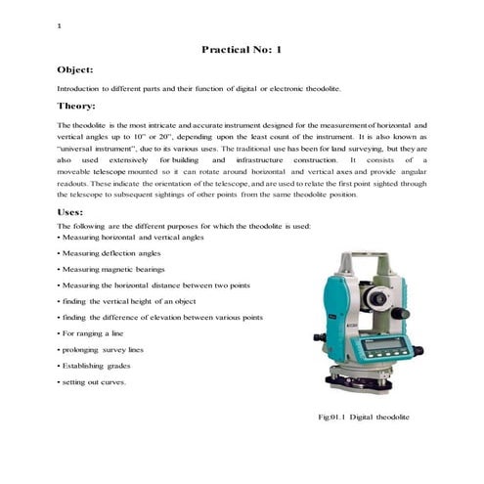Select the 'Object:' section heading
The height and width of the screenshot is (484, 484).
[75, 70]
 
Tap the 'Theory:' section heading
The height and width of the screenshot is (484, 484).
[76, 105]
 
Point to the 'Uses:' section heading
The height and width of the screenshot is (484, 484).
[71, 210]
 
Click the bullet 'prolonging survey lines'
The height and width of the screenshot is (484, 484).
[105, 350]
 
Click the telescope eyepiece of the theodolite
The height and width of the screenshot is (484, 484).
[387, 294]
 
